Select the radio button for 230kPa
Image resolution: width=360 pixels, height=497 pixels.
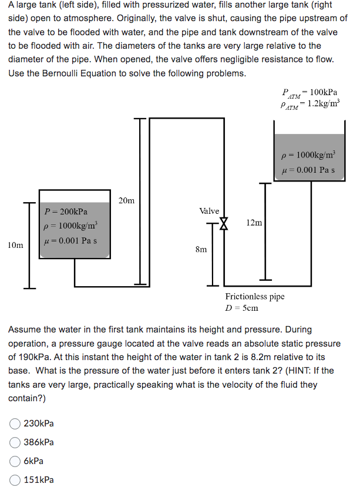(x=15, y=423)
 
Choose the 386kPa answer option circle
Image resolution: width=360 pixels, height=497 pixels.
(x=15, y=442)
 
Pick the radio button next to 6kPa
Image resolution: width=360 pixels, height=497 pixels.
(x=15, y=461)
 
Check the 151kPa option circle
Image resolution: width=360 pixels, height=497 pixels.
(x=15, y=480)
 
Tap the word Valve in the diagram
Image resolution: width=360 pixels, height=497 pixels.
(x=209, y=211)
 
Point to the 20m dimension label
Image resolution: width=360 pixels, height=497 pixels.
(x=126, y=201)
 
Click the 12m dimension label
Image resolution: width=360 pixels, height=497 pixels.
(x=254, y=223)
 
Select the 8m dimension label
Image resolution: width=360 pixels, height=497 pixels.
(x=201, y=249)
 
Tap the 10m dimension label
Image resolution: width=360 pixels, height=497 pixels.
(x=16, y=245)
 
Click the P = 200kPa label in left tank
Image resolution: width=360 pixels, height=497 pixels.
(x=66, y=211)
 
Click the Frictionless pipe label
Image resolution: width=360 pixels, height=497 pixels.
(x=255, y=297)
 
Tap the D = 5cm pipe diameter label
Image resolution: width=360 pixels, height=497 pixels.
(x=242, y=308)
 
